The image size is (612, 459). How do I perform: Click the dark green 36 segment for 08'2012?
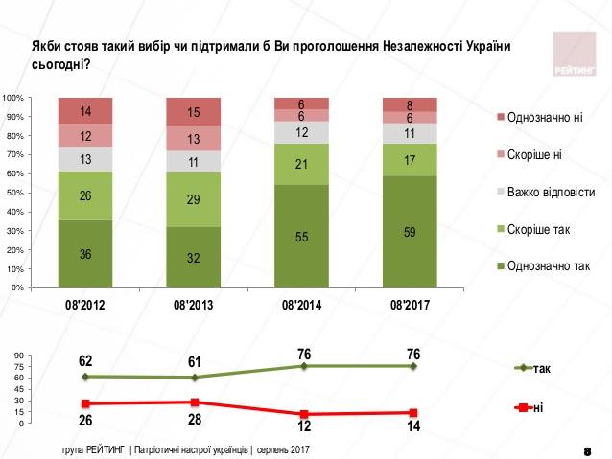pos(84,254)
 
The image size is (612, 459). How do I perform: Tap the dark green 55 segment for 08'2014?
pos(301,236)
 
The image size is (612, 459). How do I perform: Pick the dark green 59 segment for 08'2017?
pos(410,231)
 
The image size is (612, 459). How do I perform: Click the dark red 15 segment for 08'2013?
pos(193,112)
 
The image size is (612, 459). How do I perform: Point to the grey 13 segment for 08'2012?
pos(84,159)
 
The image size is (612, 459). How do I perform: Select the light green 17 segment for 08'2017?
pos(410,160)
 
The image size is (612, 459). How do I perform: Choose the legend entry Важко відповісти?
pos(551,192)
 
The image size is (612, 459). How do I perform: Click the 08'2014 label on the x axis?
pos(301,306)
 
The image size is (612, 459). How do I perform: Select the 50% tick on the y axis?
pos(15,193)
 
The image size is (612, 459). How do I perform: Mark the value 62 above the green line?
pos(86,360)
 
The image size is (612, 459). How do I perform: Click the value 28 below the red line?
pos(195,419)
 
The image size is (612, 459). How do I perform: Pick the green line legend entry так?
pos(538,367)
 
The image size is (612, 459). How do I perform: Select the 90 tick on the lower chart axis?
pos(18,356)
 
